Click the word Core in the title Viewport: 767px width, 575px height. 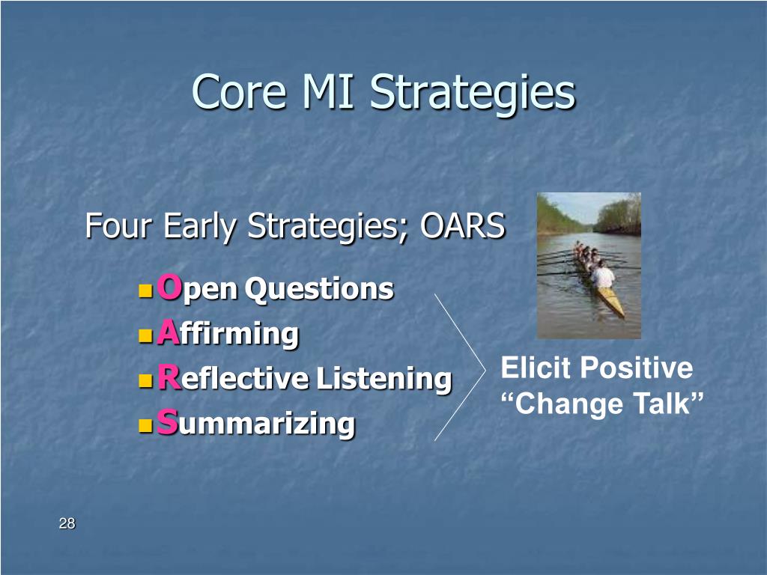[x=239, y=91]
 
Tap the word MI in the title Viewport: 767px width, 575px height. [x=327, y=91]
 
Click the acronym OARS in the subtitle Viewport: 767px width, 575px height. [x=462, y=225]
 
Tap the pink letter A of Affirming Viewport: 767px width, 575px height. [x=169, y=332]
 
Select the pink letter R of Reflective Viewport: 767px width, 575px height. [x=169, y=377]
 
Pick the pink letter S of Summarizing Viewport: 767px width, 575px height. [x=167, y=422]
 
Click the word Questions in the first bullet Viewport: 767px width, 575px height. [x=319, y=289]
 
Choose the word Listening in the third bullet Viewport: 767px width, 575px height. [x=384, y=379]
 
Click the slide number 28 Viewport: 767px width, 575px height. [x=67, y=523]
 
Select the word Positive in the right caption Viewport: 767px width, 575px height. [x=637, y=367]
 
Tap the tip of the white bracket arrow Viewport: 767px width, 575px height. [x=485, y=370]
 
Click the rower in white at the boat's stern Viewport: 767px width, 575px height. [x=602, y=276]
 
